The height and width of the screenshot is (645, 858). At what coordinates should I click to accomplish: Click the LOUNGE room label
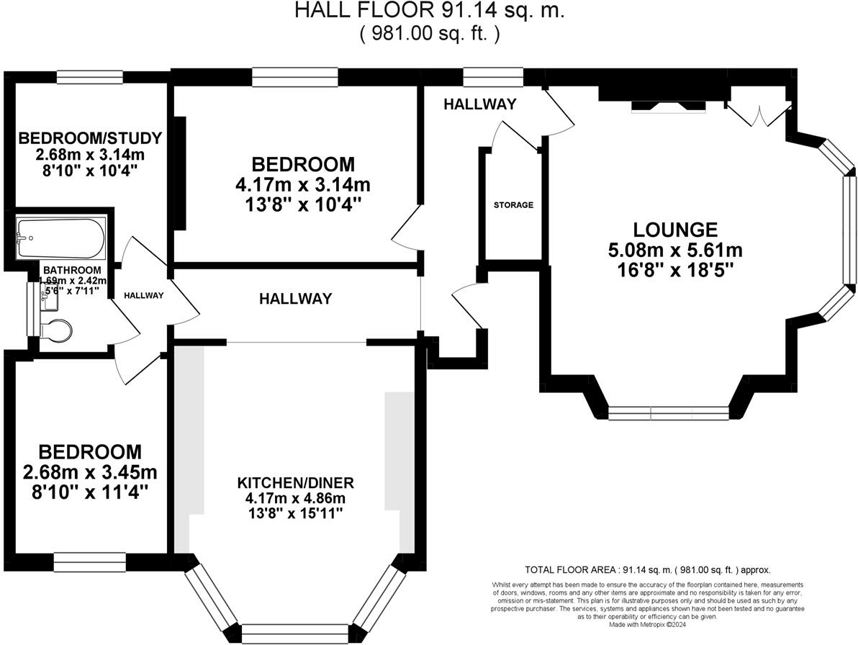point(675,229)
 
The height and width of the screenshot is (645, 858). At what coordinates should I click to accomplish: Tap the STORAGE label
point(513,205)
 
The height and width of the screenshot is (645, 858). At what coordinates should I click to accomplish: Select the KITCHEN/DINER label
point(296,483)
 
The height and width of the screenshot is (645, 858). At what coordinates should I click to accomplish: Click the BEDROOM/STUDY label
point(90,138)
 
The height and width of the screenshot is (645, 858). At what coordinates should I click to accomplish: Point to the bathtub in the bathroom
point(61,238)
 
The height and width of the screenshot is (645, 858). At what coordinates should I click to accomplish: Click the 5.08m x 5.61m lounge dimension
point(675,250)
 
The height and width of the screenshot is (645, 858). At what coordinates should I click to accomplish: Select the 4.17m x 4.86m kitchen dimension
point(296,498)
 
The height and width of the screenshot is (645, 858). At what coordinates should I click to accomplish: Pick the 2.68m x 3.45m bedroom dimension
point(90,472)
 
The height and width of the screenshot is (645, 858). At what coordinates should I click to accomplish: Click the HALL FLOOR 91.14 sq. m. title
point(430,10)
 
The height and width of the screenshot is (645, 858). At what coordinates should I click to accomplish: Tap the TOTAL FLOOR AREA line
point(647,570)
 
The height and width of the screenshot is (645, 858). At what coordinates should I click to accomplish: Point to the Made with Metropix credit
point(647,624)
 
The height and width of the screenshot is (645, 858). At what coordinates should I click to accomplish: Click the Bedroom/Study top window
point(90,77)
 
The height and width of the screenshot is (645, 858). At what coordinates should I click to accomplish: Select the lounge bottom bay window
point(668,413)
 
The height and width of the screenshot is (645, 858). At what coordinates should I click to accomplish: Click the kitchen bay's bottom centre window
point(295,633)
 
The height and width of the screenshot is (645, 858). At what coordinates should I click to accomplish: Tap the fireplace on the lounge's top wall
point(669,107)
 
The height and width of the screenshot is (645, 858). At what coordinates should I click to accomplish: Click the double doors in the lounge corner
point(759,112)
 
